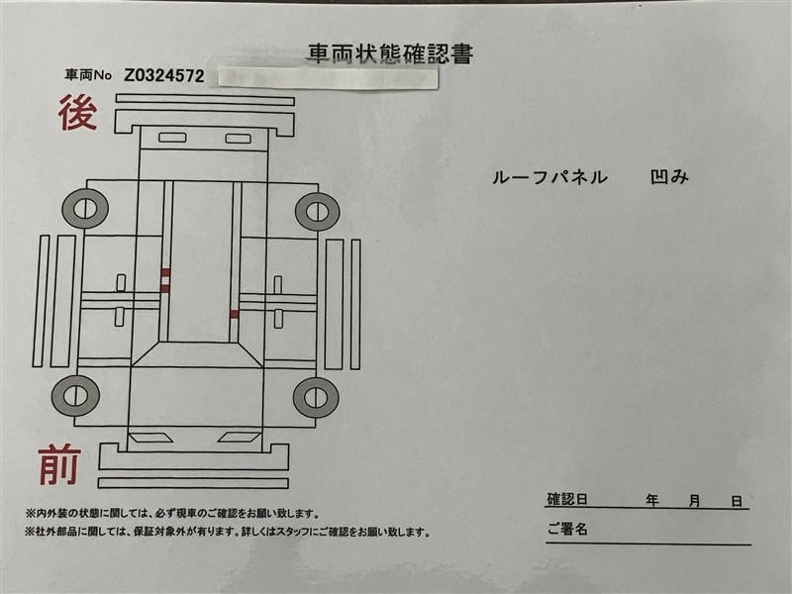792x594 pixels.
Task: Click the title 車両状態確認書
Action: [390, 54]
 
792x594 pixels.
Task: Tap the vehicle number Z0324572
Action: [164, 76]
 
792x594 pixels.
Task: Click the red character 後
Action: [77, 113]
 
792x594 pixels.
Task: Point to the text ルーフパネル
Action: [550, 177]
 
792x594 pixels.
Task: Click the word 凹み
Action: [669, 177]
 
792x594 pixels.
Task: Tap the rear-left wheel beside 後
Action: [85, 209]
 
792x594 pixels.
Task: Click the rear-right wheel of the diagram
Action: [317, 212]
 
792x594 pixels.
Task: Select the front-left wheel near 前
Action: [76, 395]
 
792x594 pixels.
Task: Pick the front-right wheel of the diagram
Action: [316, 398]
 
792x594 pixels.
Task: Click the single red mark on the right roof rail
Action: [235, 314]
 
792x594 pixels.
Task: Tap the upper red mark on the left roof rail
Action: [165, 273]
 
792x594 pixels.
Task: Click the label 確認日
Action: [567, 500]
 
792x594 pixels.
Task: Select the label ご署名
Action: [567, 529]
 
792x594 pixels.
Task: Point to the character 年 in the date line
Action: [652, 501]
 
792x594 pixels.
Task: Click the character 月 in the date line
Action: [695, 501]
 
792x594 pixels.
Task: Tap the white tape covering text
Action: [329, 78]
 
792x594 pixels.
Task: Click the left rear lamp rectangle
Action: [172, 137]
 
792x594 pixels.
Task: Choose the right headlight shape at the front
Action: [240, 438]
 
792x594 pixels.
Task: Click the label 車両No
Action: [88, 75]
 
